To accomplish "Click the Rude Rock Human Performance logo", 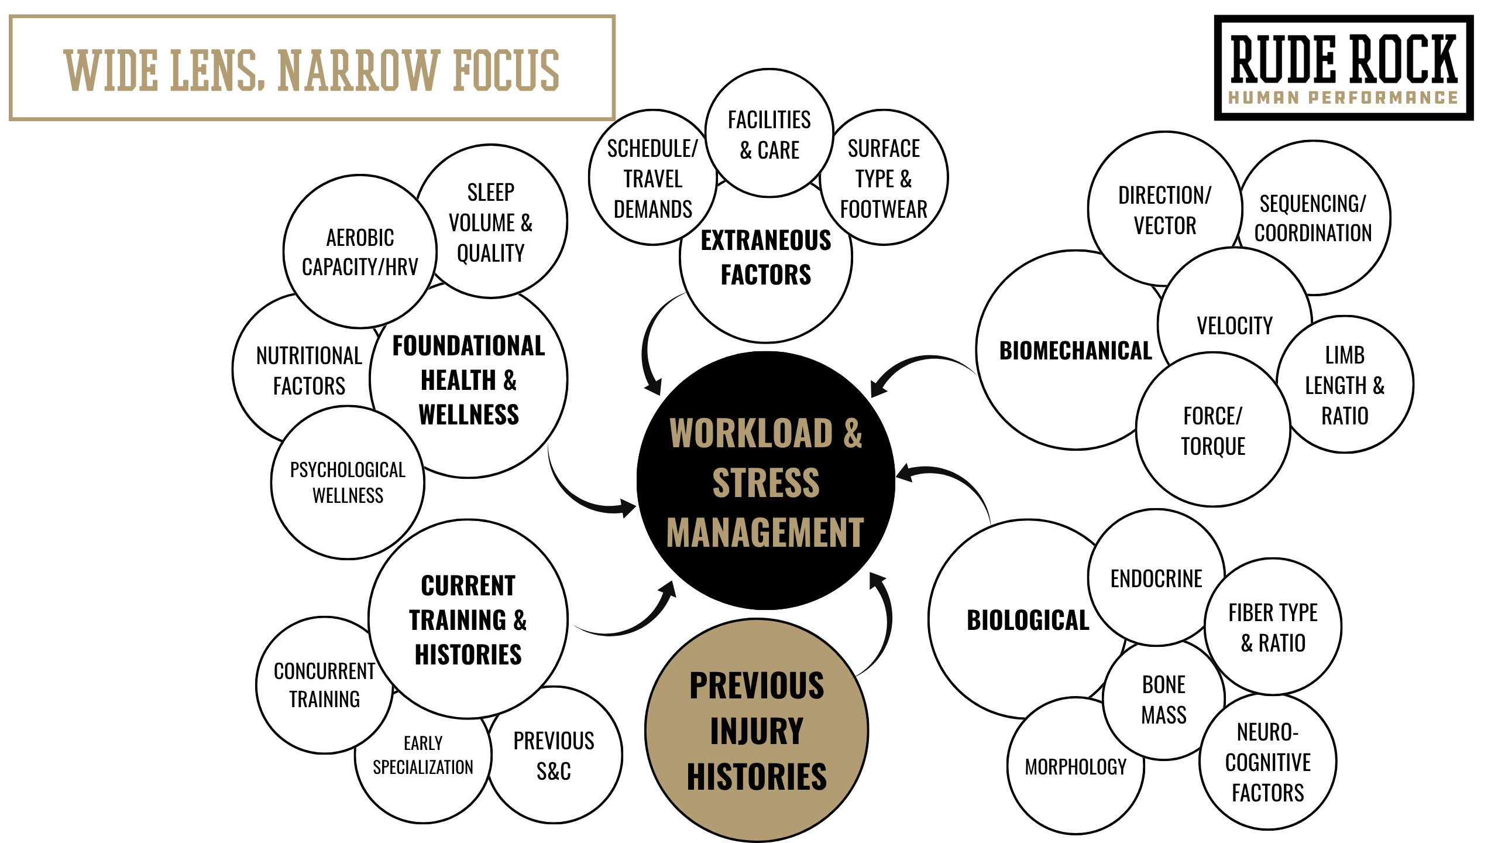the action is pos(1344,68).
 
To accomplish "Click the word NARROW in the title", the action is pos(358,70).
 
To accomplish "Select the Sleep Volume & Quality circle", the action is pos(491,222).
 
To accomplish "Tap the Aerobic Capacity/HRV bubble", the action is pos(360,252).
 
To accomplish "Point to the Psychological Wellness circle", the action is pos(348,482).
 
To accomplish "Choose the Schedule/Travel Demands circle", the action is pos(652,178).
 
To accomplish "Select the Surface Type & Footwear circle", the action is pos(884,178).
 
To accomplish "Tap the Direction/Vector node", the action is pos(1164,210).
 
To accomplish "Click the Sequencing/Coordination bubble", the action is pos(1313,218).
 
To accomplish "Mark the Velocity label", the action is pos(1235,325).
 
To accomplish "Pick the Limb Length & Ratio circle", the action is pos(1345,385).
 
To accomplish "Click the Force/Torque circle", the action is pos(1212,431).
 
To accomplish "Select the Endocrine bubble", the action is pos(1156,578).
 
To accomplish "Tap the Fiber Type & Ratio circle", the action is pos(1273,628).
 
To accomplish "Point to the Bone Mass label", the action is pos(1164,700).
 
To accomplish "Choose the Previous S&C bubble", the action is pos(554,755).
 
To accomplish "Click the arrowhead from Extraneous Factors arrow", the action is pos(653,386).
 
